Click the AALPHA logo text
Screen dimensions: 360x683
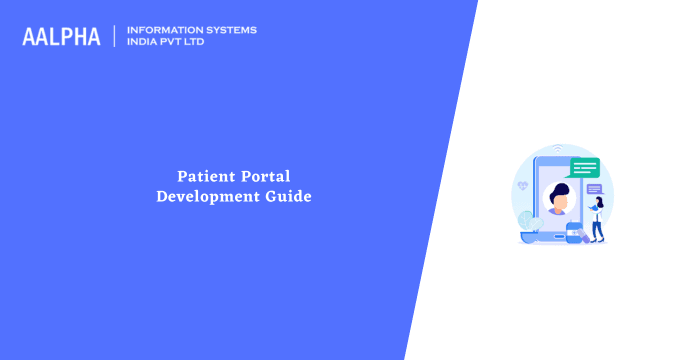click(x=61, y=37)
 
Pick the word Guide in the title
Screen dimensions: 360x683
click(x=288, y=197)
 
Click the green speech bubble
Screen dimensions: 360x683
click(x=584, y=167)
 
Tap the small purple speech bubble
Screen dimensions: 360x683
click(x=594, y=189)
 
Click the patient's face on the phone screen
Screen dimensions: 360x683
click(x=560, y=201)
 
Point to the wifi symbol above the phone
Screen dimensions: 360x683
click(x=559, y=148)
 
